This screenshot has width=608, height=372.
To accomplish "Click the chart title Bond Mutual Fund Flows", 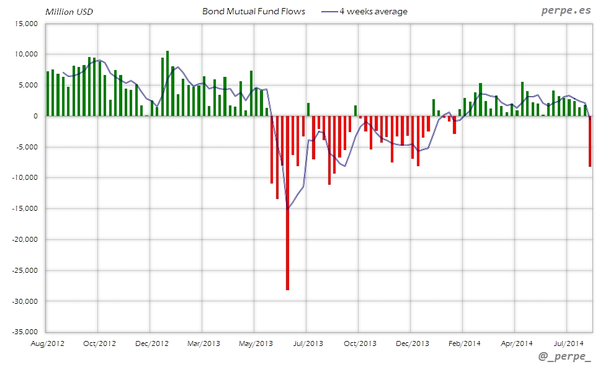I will click(x=253, y=12).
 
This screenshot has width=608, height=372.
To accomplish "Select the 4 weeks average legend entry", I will click(x=372, y=12).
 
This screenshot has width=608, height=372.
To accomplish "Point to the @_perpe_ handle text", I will click(x=565, y=358).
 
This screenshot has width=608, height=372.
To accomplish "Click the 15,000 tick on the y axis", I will click(x=27, y=24).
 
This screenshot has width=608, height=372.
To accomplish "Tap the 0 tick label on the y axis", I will click(x=35, y=116).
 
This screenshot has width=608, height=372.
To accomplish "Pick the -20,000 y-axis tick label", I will click(x=25, y=239).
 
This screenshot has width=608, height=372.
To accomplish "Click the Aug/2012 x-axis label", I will click(x=47, y=343).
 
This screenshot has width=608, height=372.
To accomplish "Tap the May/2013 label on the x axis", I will click(x=256, y=343).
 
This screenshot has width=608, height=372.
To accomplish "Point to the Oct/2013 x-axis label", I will click(x=360, y=343).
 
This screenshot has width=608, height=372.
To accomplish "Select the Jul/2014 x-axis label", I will click(x=568, y=343).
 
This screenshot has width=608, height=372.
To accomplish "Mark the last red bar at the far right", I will click(x=590, y=141).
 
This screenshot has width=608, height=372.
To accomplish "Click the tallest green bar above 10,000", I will click(x=168, y=84).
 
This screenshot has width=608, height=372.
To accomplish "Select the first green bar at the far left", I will click(x=48, y=94).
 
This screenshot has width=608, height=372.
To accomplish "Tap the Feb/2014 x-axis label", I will click(x=464, y=343).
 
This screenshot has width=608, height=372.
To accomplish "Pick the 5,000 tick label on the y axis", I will click(x=29, y=86).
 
